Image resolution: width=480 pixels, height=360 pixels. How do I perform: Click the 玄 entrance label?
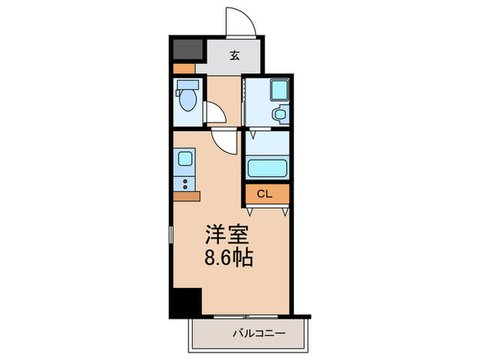[234, 56]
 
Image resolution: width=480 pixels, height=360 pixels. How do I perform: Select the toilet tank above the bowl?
[187, 87]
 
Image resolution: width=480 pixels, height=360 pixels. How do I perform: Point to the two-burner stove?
[185, 183]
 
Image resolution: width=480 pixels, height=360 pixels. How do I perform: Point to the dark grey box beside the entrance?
[187, 50]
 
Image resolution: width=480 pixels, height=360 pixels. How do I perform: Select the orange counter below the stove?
[185, 196]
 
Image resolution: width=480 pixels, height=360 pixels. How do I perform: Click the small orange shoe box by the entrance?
[184, 69]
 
